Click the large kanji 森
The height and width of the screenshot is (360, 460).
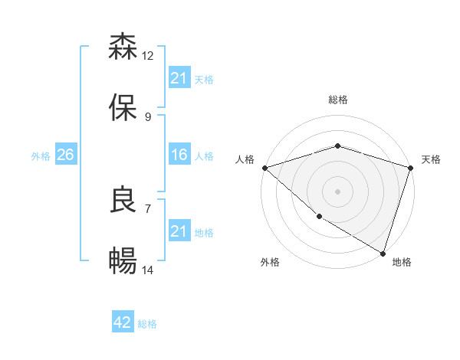(123, 47)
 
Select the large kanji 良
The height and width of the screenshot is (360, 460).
(123, 199)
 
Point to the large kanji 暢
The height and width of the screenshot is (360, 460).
(123, 262)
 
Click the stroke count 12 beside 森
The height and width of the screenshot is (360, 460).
(148, 56)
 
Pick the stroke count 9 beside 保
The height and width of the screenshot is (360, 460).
(148, 117)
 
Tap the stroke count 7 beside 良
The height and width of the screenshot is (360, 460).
(148, 208)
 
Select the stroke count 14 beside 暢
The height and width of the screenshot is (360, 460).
(148, 270)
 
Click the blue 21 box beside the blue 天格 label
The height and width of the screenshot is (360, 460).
(179, 77)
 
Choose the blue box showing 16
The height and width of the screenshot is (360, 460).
(179, 155)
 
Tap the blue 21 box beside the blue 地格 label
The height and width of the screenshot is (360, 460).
(179, 231)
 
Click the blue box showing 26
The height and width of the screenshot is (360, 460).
(65, 155)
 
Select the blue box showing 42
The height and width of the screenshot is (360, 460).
(123, 322)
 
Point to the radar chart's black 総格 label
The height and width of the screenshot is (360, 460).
(338, 100)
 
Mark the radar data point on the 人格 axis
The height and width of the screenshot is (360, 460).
(264, 168)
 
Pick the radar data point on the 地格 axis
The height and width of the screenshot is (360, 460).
(383, 253)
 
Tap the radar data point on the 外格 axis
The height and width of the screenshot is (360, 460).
(319, 217)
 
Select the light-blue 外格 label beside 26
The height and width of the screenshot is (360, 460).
(41, 156)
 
